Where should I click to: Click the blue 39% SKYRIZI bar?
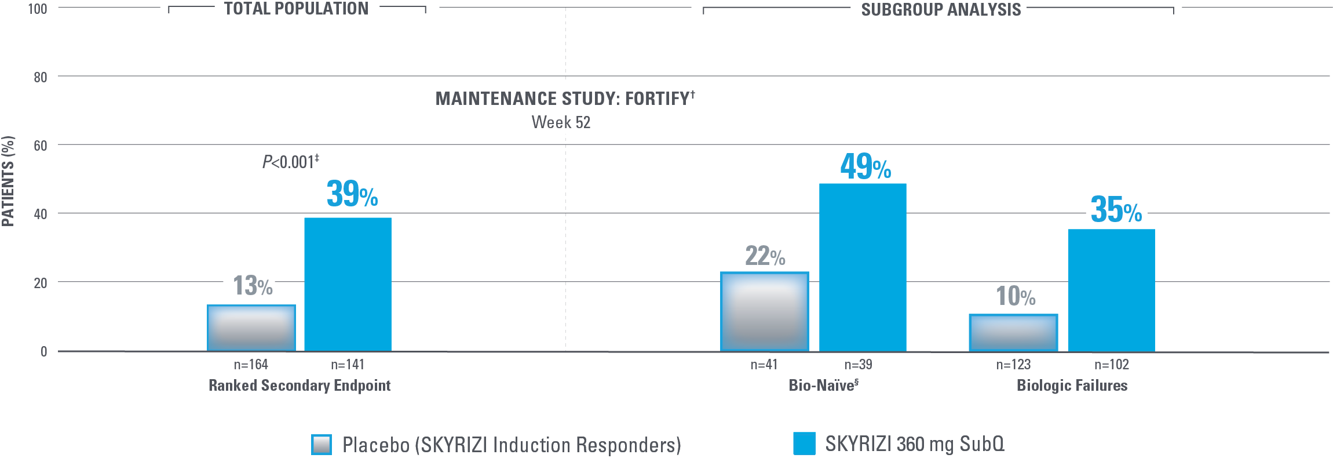pyautogui.click(x=348, y=284)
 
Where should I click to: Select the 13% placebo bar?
pyautogui.click(x=251, y=328)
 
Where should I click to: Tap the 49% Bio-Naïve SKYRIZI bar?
pyautogui.click(x=862, y=267)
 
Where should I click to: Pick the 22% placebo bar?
pyautogui.click(x=764, y=311)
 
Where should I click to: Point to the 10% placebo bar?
pyautogui.click(x=1013, y=333)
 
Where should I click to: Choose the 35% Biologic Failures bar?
pyautogui.click(x=1111, y=290)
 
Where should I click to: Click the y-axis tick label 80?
pyautogui.click(x=40, y=77)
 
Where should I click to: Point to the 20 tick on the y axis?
pyautogui.click(x=40, y=283)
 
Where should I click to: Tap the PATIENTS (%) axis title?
pyautogui.click(x=8, y=181)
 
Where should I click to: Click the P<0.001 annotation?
pyautogui.click(x=290, y=162)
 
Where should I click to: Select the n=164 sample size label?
pyautogui.click(x=251, y=365)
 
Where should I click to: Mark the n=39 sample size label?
pyautogui.click(x=858, y=365)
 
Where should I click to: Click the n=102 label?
pyautogui.click(x=1111, y=365)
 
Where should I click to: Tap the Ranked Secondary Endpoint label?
pyautogui.click(x=300, y=386)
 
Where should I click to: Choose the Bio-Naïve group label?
pyautogui.click(x=823, y=386)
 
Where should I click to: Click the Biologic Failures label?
pyautogui.click(x=1072, y=386)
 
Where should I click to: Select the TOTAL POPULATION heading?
pyautogui.click(x=296, y=9)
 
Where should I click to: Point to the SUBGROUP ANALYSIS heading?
pyautogui.click(x=941, y=10)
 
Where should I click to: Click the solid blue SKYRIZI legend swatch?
pyautogui.click(x=804, y=444)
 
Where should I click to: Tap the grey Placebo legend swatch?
pyautogui.click(x=322, y=445)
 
